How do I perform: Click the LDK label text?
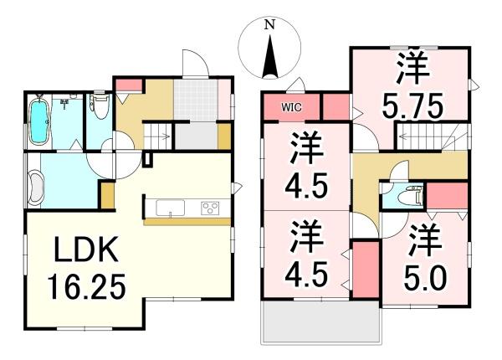click(86, 249)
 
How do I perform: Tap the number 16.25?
click(86, 286)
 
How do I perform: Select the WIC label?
click(291, 107)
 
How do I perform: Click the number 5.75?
click(412, 105)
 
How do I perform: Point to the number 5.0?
click(425, 278)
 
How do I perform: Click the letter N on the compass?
click(270, 24)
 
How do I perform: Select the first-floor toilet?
click(100, 105)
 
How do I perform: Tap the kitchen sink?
click(170, 208)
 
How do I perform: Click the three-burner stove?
click(210, 208)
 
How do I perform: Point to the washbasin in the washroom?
click(35, 188)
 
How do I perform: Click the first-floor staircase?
click(157, 136)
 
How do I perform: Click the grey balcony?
click(321, 321)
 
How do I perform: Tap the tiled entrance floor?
click(196, 100)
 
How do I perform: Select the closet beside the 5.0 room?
click(366, 270)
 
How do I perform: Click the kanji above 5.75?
click(412, 67)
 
